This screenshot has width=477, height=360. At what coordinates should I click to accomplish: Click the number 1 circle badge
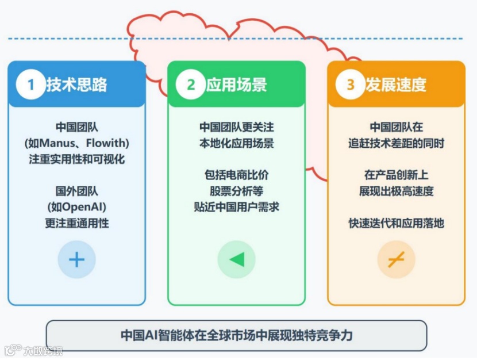tap(30, 85)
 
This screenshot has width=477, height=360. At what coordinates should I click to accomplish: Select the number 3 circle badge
tap(350, 85)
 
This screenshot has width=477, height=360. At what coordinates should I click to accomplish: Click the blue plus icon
tap(76, 260)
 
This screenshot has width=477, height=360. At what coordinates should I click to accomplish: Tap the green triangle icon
tap(236, 260)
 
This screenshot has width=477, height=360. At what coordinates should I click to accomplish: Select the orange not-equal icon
tap(396, 260)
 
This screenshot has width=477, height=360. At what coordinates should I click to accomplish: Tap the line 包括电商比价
tap(236, 175)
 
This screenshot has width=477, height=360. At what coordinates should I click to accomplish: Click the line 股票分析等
tap(236, 191)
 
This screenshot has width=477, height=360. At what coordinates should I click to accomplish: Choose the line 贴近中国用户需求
tap(236, 207)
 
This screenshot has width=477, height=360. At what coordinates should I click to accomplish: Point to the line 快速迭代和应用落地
tap(396, 223)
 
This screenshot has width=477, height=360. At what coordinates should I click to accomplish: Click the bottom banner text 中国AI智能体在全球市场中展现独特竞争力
tap(236, 335)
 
